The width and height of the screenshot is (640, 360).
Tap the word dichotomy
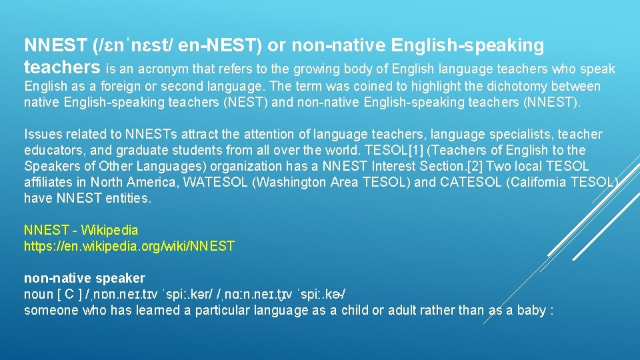click(x=498, y=87)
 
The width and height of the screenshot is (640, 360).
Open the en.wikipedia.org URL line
click(x=129, y=246)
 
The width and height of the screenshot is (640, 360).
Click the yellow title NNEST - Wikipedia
click(x=81, y=230)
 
